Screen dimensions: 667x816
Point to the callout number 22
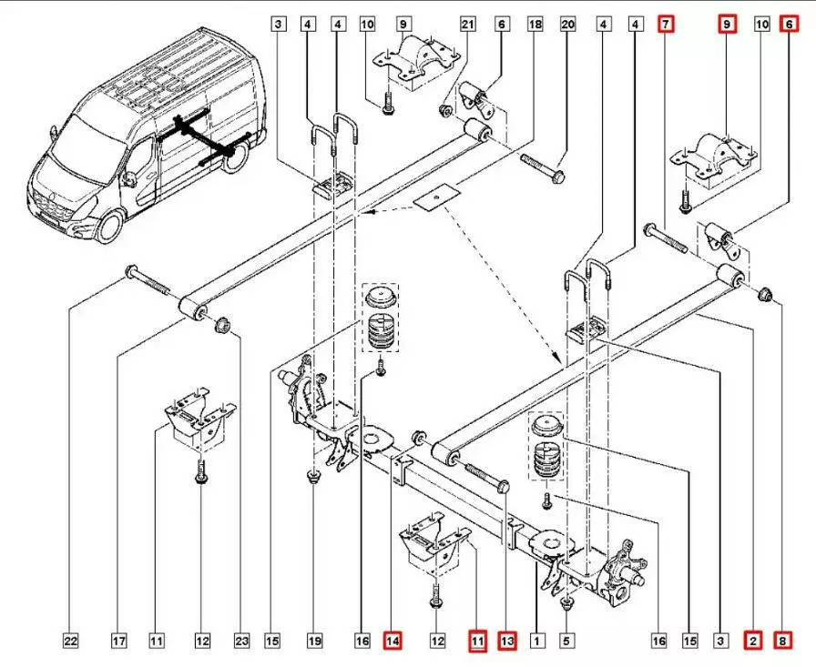70,642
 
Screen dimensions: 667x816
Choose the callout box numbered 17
118,642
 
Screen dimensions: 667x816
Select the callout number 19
313,642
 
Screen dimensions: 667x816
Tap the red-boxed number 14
393,642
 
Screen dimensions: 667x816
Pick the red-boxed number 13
507,642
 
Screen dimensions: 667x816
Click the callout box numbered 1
537,642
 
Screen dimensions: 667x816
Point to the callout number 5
566,642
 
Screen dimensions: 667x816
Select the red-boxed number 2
753,642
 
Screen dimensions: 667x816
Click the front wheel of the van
110,225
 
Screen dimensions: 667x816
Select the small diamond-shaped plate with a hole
435,197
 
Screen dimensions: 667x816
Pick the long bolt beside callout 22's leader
149,278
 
